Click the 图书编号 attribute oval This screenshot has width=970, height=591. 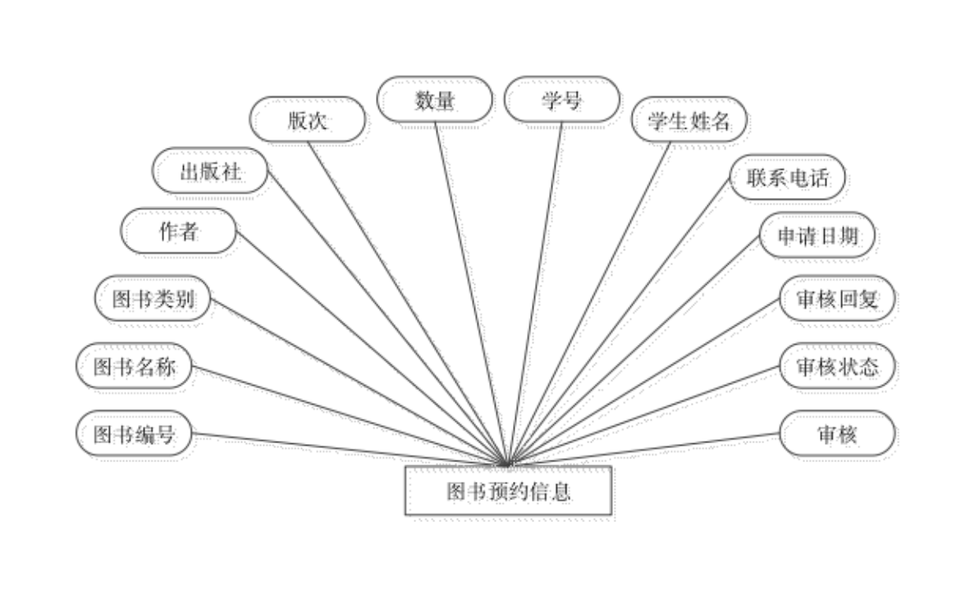[136, 435]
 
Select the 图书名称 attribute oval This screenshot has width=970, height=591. [136, 369]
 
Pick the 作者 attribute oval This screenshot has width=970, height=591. [181, 233]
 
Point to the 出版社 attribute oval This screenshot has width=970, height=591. [213, 173]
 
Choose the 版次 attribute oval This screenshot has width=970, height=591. [309, 121]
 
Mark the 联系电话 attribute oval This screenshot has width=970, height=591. [789, 179]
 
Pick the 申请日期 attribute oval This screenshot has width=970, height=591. [818, 237]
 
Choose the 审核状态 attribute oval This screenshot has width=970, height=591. [839, 369]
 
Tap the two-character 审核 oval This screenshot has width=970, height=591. [839, 436]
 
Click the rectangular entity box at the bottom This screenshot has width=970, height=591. [510, 492]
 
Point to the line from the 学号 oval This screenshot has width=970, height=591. [538, 287]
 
